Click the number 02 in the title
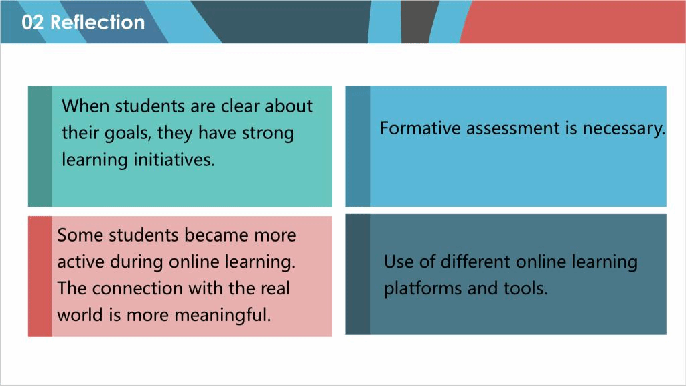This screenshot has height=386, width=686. (x=33, y=22)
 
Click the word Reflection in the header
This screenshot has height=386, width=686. (x=98, y=22)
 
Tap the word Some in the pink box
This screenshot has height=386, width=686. (x=80, y=235)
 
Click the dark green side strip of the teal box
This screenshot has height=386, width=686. (x=40, y=147)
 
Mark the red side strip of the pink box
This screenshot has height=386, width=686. (x=40, y=276)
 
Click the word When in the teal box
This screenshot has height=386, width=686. (x=86, y=106)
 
